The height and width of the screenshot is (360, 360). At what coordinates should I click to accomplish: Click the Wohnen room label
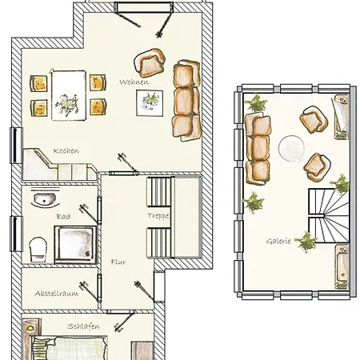(x=134, y=82)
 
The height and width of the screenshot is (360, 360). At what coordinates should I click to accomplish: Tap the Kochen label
(x=66, y=150)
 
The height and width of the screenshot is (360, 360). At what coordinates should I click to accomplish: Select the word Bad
(x=63, y=217)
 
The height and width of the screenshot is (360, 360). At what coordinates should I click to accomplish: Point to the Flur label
(x=118, y=262)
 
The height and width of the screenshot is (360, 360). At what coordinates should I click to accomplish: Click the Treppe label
(x=158, y=216)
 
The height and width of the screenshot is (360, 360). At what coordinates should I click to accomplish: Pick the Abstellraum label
(x=57, y=294)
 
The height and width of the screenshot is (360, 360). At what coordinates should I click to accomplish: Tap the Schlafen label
(x=83, y=326)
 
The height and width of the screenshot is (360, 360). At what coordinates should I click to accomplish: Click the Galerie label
(x=278, y=242)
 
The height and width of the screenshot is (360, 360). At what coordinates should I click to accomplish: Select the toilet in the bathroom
(x=38, y=250)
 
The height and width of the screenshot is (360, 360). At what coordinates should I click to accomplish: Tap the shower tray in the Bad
(x=75, y=245)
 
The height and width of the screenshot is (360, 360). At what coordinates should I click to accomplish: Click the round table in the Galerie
(x=291, y=148)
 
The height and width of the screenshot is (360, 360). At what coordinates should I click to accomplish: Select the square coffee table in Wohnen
(x=150, y=103)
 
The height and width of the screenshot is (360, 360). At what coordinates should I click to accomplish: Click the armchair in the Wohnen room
(x=150, y=63)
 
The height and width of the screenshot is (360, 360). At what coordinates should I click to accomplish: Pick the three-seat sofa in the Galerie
(x=258, y=149)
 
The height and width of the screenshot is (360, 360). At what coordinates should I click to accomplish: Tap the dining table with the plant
(x=69, y=95)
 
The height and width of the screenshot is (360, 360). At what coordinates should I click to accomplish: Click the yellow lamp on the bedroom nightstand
(x=31, y=328)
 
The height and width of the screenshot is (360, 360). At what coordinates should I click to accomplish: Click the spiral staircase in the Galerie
(x=329, y=215)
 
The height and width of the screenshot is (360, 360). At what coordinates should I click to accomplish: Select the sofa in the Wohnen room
(x=186, y=100)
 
